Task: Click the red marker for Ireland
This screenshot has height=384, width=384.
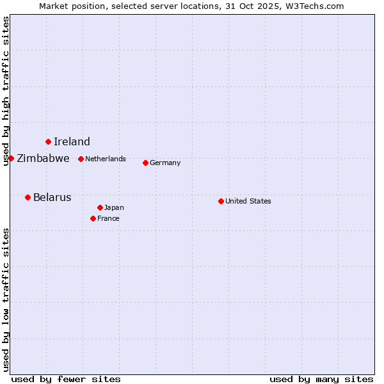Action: point(48,141)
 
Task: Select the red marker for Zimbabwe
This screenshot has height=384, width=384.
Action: point(11,158)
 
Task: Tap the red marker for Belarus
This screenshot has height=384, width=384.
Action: point(28,197)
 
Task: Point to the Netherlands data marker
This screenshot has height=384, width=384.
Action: point(81,159)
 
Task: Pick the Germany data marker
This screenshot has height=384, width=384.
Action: point(145,163)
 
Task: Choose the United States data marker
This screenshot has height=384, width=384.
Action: point(221,201)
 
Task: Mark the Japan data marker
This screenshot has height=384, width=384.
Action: point(100,207)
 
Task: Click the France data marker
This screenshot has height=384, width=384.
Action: point(93,218)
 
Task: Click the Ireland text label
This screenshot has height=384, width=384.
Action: point(72,142)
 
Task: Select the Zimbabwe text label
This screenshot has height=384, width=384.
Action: point(43,159)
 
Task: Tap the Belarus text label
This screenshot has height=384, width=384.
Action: point(52,198)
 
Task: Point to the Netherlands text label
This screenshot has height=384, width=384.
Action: point(106,159)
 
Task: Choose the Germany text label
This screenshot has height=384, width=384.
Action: point(165,163)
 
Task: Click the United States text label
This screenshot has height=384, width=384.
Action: point(248,201)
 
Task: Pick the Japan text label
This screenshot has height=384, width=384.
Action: point(114,207)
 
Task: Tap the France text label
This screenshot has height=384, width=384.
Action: point(108,218)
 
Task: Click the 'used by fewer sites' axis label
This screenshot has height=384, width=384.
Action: point(66,379)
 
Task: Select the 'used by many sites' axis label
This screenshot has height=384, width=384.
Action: point(321,379)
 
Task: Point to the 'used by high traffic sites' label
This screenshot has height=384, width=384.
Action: point(6,91)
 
